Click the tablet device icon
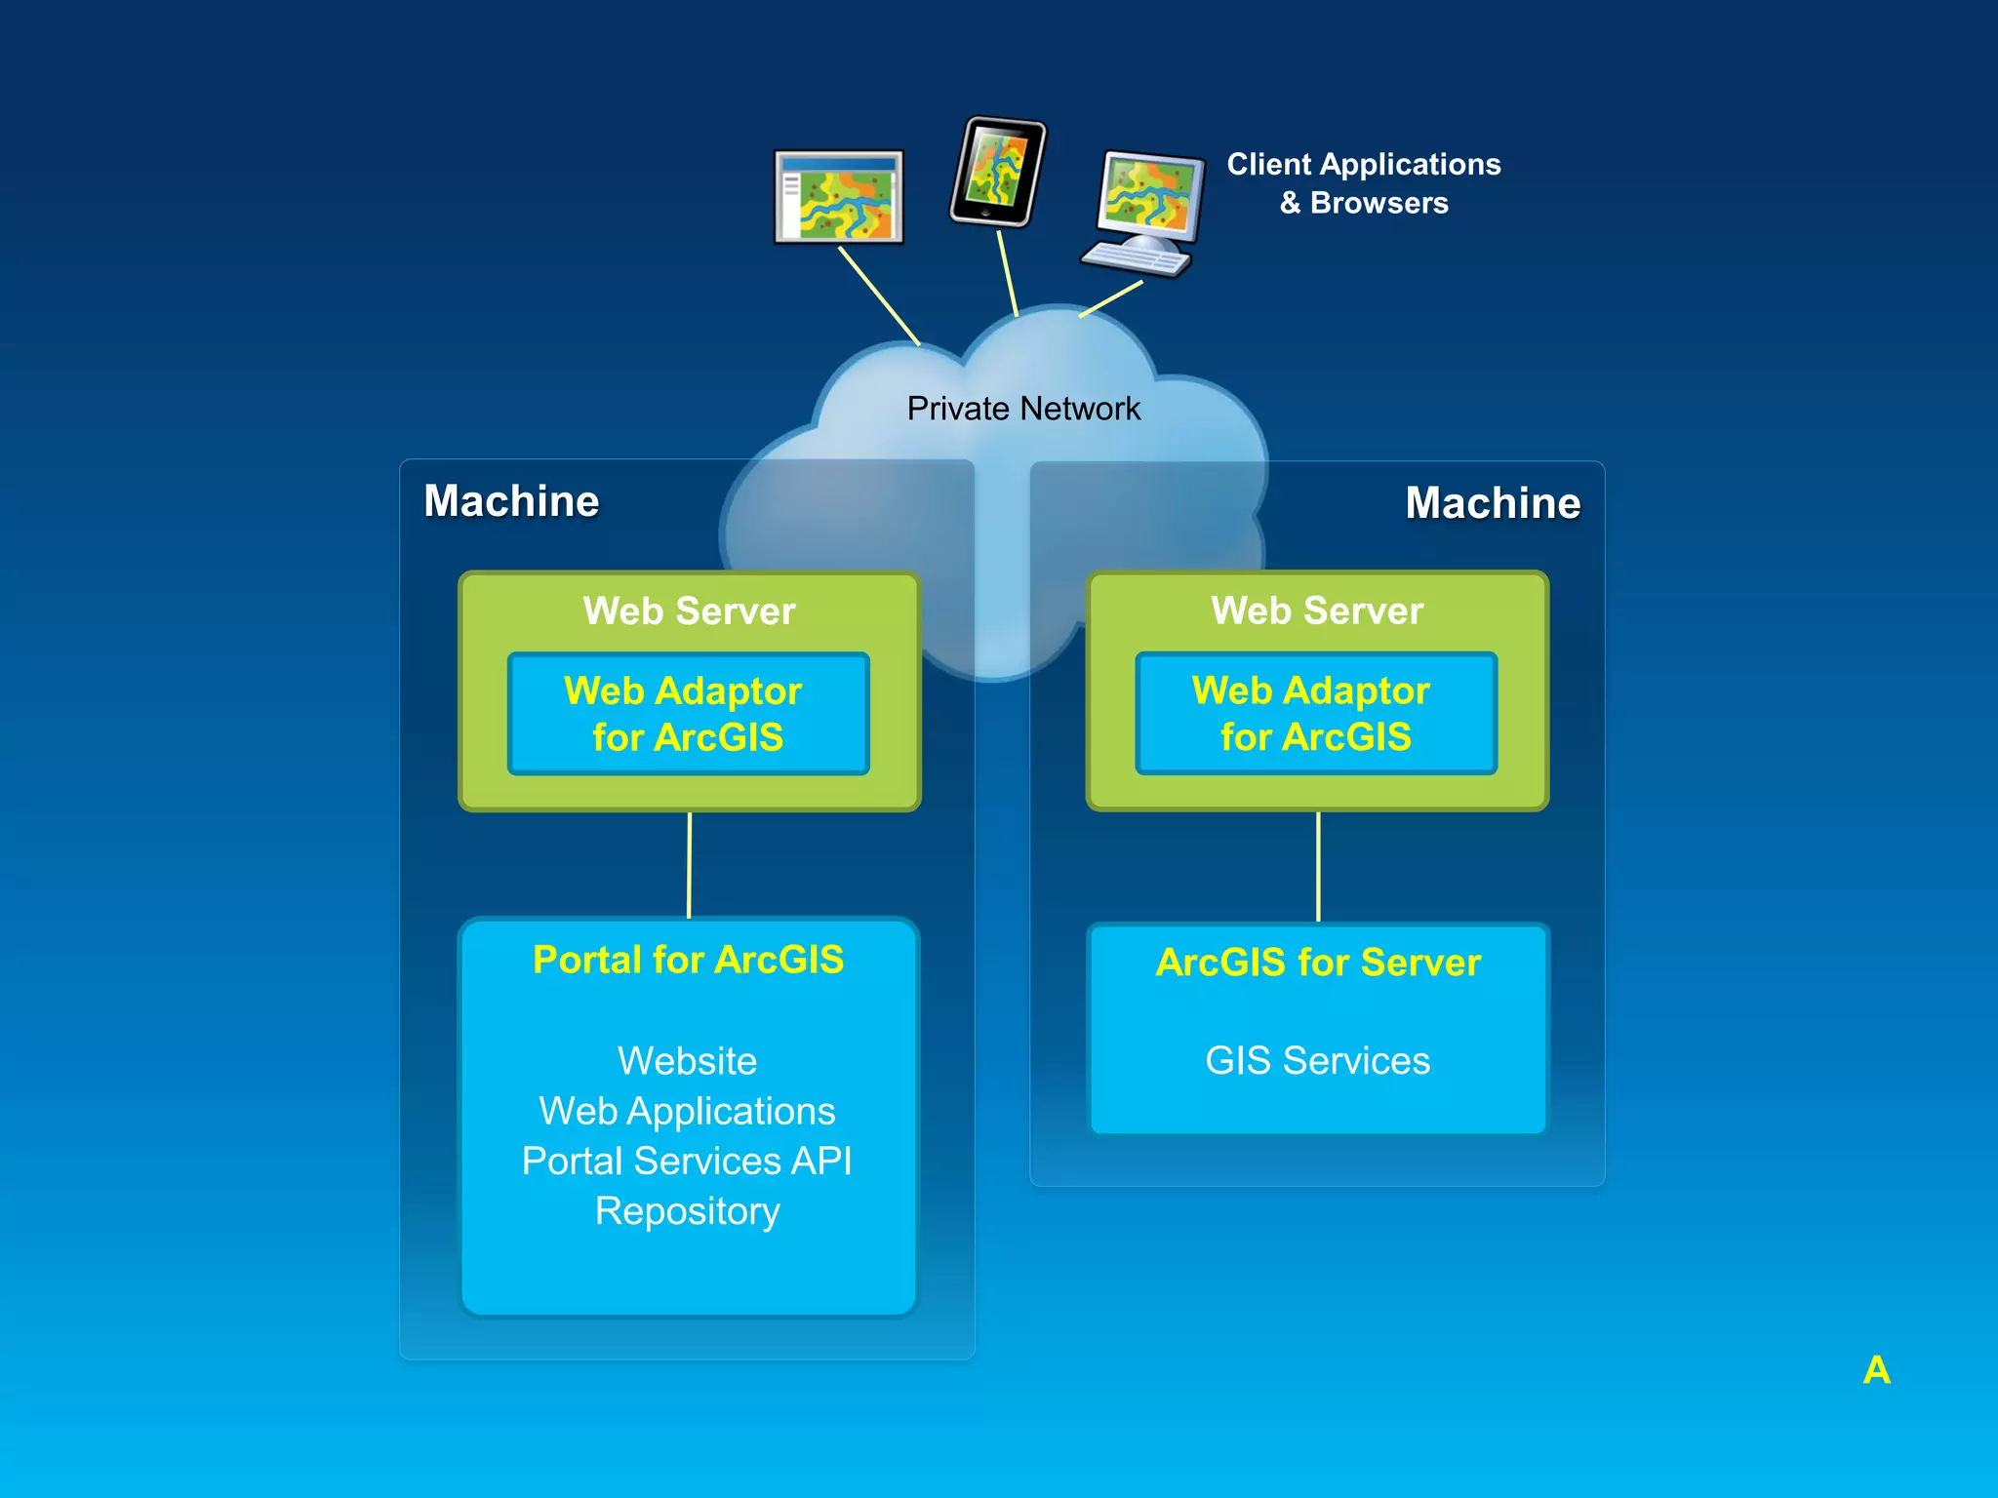997,172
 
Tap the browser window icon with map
839,196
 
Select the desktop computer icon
1145,212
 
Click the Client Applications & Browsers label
1363,183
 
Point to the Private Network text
1022,409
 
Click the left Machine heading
511,501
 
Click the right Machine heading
1492,503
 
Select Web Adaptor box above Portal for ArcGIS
688,714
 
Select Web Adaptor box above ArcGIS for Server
1315,714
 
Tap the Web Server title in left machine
689,611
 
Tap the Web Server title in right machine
1317,611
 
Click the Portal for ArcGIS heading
688,960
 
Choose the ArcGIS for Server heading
1317,963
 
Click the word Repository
688,1211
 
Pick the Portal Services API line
688,1162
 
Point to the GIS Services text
1317,1061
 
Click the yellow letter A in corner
1876,1370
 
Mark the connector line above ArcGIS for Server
1318,867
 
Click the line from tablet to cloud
1007,273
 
